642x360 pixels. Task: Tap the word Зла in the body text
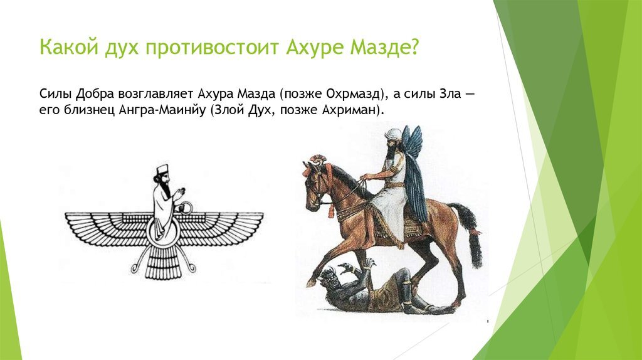click(448, 94)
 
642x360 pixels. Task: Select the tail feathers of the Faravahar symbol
click(165, 263)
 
